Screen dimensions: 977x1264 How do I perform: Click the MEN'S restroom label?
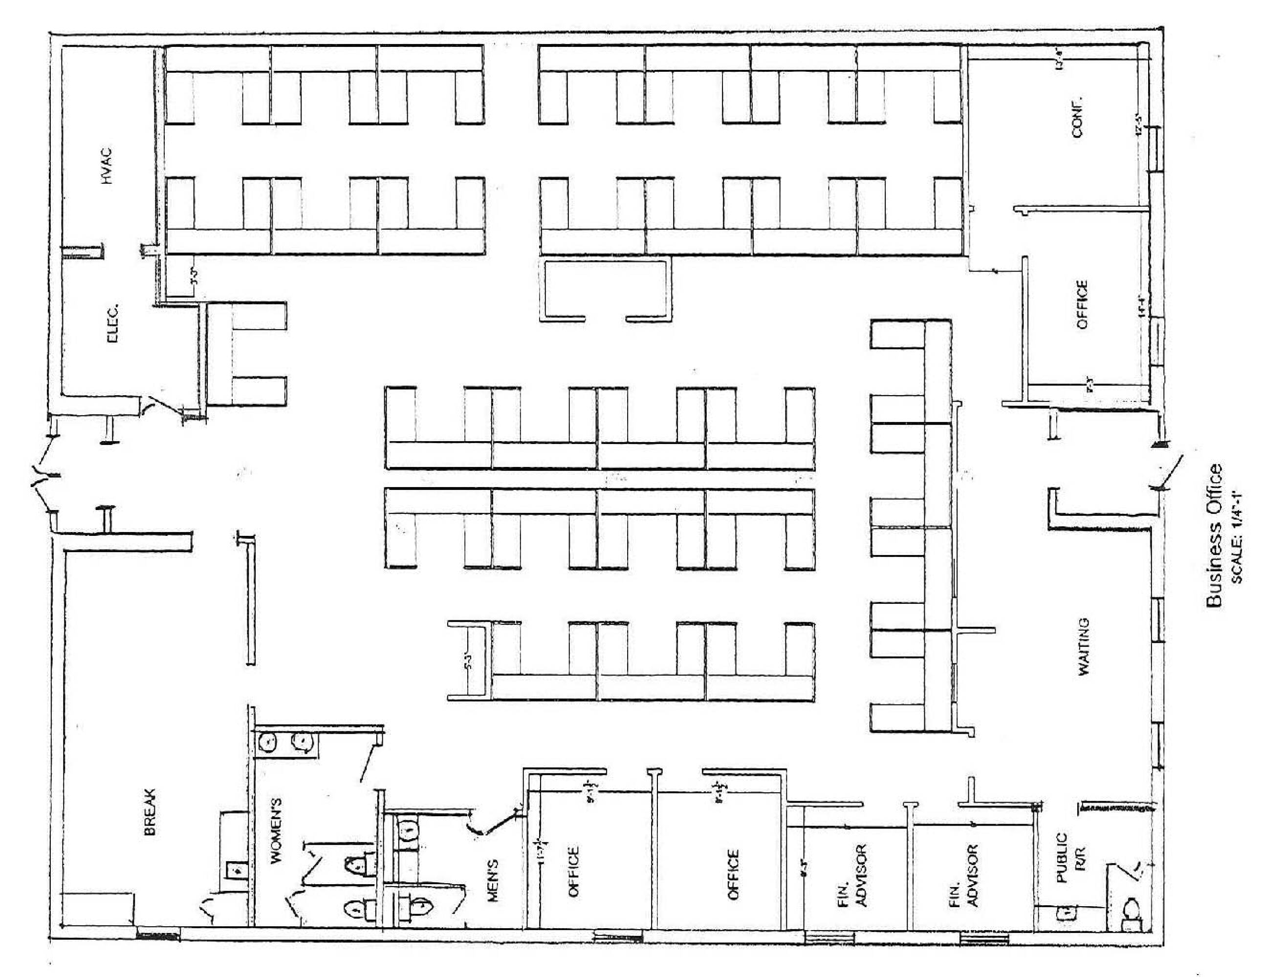click(493, 880)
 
